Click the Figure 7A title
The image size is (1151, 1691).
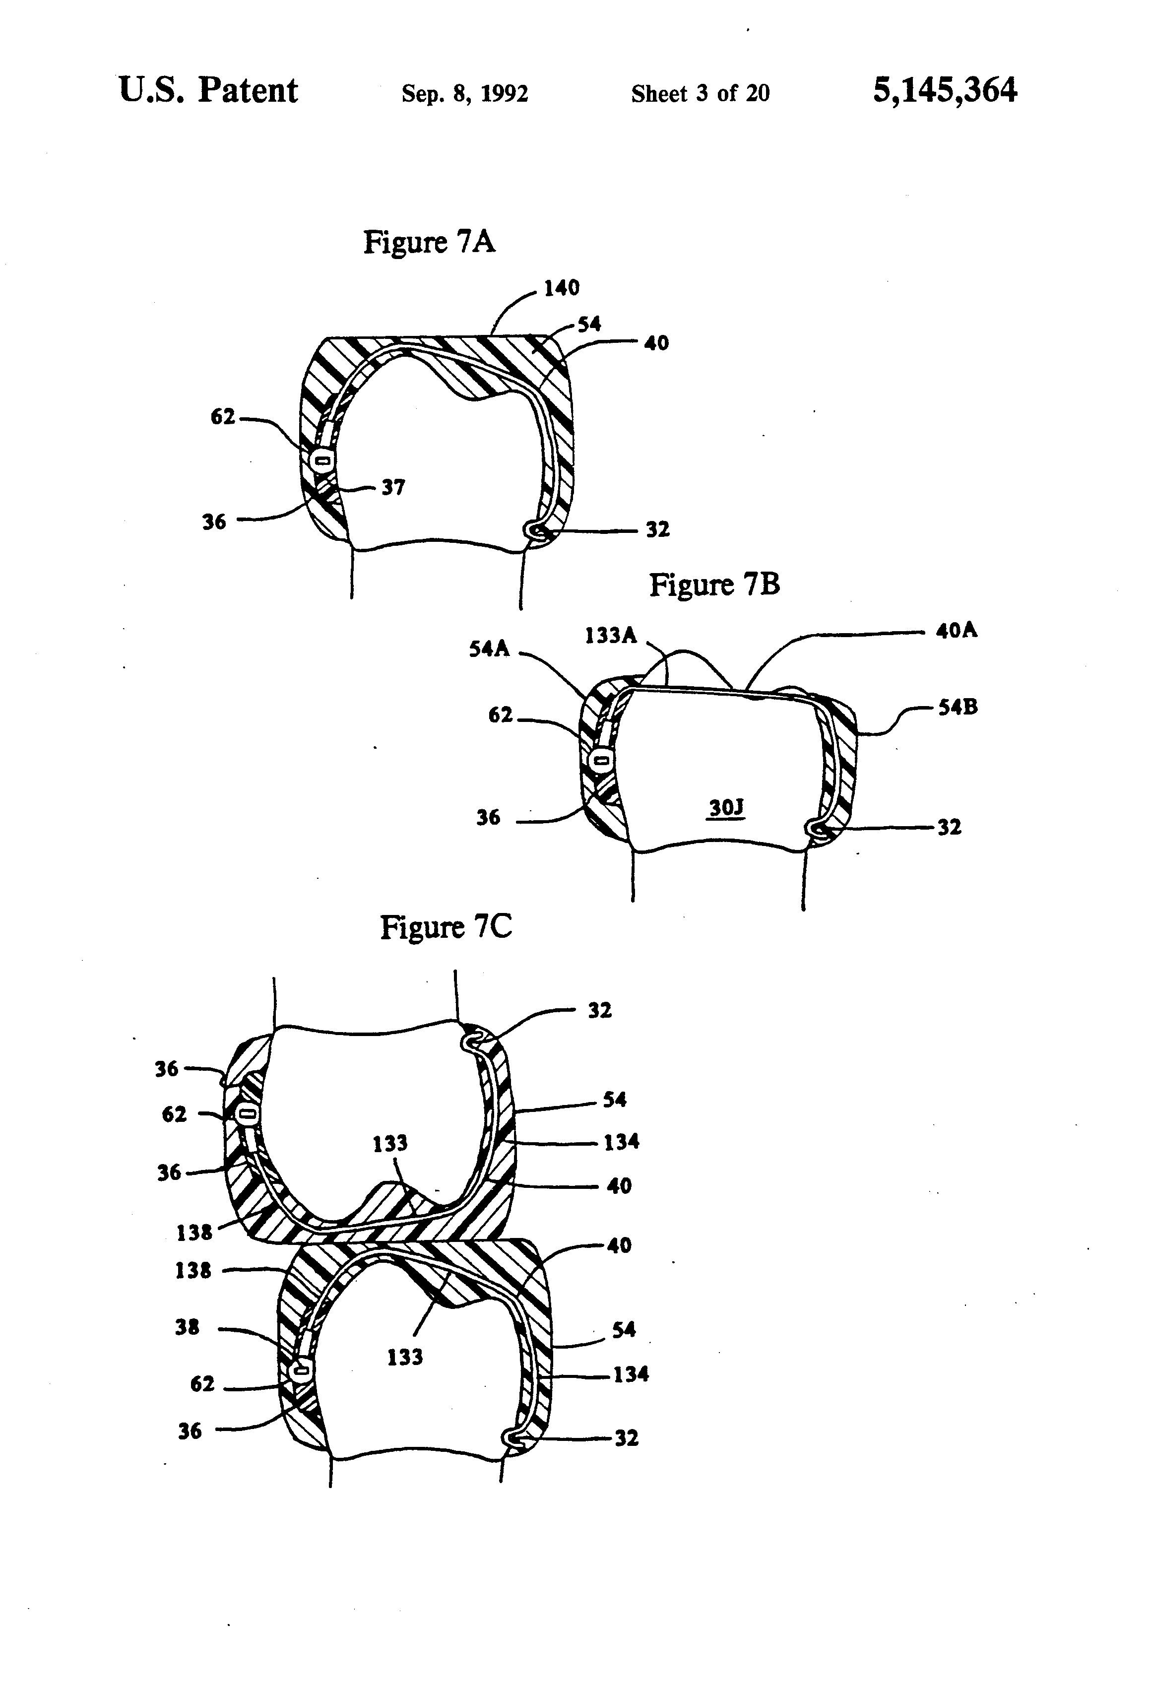(429, 242)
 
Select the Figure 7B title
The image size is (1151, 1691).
(714, 585)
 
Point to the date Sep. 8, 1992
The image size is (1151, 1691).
(465, 94)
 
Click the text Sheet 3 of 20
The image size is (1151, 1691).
(700, 93)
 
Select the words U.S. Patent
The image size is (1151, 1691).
(208, 91)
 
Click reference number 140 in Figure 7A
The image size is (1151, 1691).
(562, 288)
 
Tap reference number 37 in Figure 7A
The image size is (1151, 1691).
(393, 488)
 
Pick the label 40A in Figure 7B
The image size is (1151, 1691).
(956, 630)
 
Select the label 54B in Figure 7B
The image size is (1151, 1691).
(958, 707)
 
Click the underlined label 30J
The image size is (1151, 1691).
(726, 808)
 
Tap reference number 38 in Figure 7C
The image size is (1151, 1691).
(187, 1328)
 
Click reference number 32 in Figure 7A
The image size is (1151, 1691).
(657, 530)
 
